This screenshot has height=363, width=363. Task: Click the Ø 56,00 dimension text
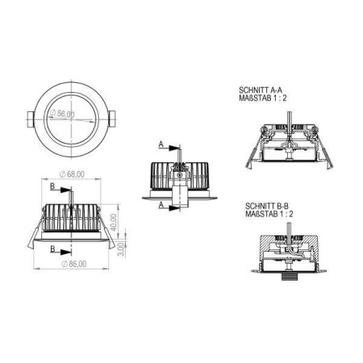point(62,114)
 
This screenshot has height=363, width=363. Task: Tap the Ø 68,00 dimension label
point(72,174)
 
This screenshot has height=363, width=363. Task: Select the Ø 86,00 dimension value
point(74,264)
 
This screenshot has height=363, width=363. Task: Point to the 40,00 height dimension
point(114,222)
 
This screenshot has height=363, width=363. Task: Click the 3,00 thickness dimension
point(122,249)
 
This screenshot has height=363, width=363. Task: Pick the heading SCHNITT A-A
point(261,90)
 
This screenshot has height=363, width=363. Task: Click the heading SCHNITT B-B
point(267,207)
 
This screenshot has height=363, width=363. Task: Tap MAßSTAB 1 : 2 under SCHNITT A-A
point(263,98)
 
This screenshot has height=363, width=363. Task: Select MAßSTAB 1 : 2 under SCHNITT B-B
point(269,214)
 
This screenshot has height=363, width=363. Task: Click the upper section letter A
point(161,144)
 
